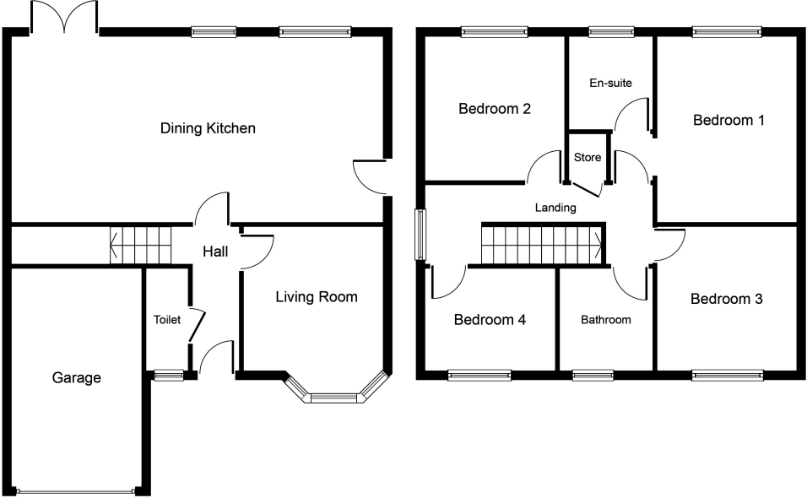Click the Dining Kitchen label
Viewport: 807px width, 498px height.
pyautogui.click(x=208, y=129)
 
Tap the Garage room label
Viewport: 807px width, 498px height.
pyautogui.click(x=74, y=377)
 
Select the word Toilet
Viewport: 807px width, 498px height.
pyautogui.click(x=166, y=320)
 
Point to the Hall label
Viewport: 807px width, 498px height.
pyautogui.click(x=216, y=251)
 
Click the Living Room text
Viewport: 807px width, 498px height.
pyautogui.click(x=317, y=297)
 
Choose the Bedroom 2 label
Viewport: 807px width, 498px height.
pyautogui.click(x=495, y=109)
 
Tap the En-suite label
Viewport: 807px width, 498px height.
pyautogui.click(x=609, y=83)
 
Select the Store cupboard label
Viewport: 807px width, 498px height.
pyautogui.click(x=587, y=158)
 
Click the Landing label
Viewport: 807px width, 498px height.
pyautogui.click(x=555, y=208)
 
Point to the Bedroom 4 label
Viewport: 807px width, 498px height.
pyautogui.click(x=490, y=320)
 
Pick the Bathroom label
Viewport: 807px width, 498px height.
pyautogui.click(x=605, y=320)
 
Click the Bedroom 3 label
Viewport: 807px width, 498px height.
pyautogui.click(x=726, y=299)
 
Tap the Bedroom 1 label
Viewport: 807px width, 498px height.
pyautogui.click(x=728, y=121)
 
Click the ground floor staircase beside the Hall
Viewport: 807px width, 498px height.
pyautogui.click(x=141, y=245)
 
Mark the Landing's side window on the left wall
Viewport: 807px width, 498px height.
pyautogui.click(x=420, y=234)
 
